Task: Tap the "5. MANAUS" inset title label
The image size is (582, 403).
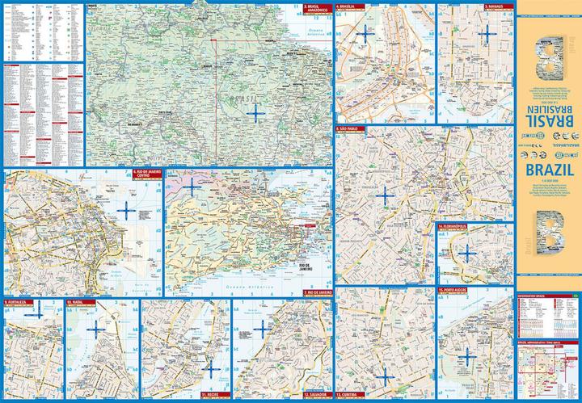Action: pos(456,7)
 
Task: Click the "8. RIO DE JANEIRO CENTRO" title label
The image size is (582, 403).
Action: pos(146,173)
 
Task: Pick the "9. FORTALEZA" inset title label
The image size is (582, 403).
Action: pos(17,303)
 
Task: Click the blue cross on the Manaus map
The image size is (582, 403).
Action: pos(486,33)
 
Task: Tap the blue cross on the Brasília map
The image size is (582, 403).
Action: pos(365,35)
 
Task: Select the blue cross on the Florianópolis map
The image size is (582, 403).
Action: pos(467,253)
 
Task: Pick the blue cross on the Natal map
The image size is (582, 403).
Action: pos(96,329)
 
